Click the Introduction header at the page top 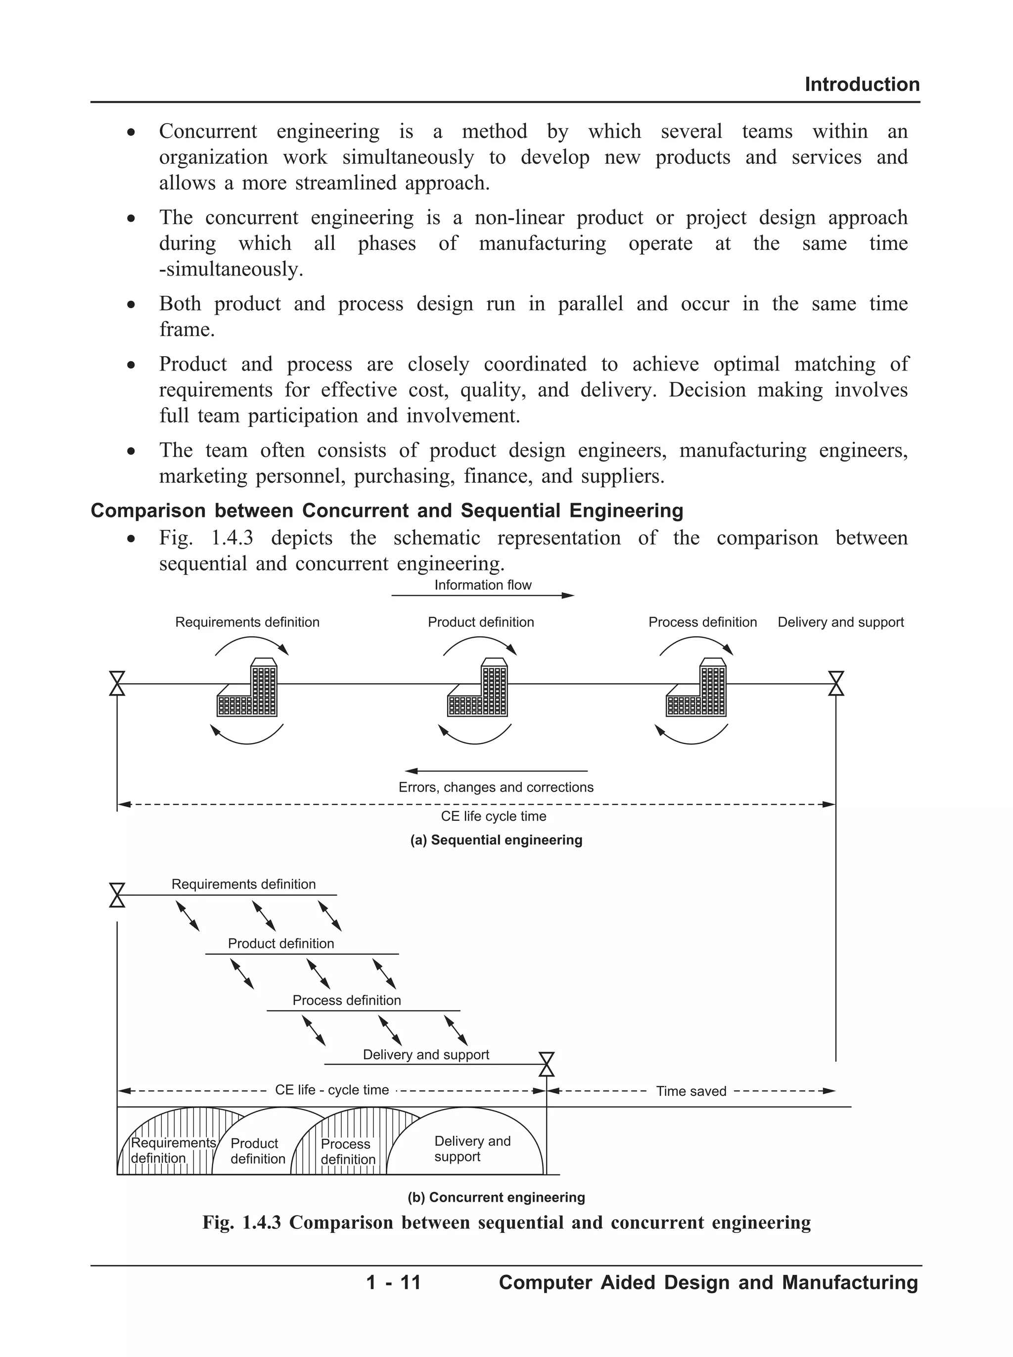tap(862, 84)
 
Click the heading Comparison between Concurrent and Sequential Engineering tap(386, 510)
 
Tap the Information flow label tap(483, 585)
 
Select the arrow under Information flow tap(483, 596)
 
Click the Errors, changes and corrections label tap(496, 788)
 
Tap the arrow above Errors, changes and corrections tap(496, 771)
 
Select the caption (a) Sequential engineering tap(496, 840)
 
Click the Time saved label tap(691, 1091)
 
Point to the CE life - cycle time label tap(332, 1090)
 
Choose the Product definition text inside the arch tap(257, 1151)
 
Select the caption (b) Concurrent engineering tap(496, 1198)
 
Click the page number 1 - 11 tap(393, 1283)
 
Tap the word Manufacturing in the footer tap(849, 1283)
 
